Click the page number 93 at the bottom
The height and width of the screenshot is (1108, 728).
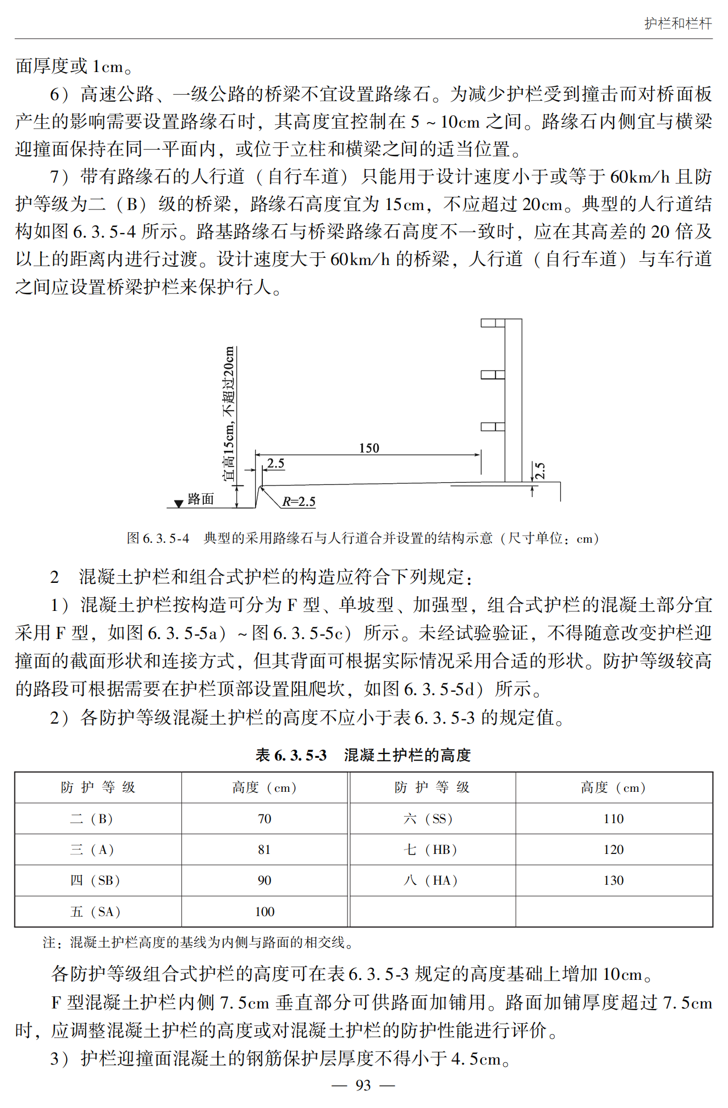tap(363, 1084)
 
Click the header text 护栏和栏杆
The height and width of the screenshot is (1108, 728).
tap(678, 23)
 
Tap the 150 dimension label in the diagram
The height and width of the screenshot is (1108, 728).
tap(369, 448)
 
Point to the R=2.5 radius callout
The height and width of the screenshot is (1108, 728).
tap(299, 501)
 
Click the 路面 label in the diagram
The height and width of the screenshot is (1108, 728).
tap(200, 499)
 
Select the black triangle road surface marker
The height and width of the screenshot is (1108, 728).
tap(178, 504)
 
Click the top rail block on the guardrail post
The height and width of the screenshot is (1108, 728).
tap(493, 323)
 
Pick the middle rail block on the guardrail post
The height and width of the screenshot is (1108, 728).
tap(493, 374)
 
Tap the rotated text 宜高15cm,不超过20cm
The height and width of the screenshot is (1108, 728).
tap(229, 414)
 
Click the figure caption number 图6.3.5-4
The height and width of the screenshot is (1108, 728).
tap(158, 538)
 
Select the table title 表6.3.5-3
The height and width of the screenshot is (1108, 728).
tap(291, 755)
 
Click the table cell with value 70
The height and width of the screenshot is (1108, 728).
tap(264, 819)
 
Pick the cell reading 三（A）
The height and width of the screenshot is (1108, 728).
tap(92, 850)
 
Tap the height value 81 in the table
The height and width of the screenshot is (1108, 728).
tap(264, 850)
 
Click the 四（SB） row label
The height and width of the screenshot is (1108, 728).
tap(95, 880)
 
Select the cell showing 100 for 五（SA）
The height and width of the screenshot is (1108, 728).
tap(264, 912)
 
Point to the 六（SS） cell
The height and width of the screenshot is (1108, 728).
tap(428, 819)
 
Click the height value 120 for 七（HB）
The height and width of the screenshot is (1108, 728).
tap(613, 850)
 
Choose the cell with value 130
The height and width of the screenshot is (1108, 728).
tap(613, 880)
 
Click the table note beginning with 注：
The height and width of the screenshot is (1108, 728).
tap(198, 942)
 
